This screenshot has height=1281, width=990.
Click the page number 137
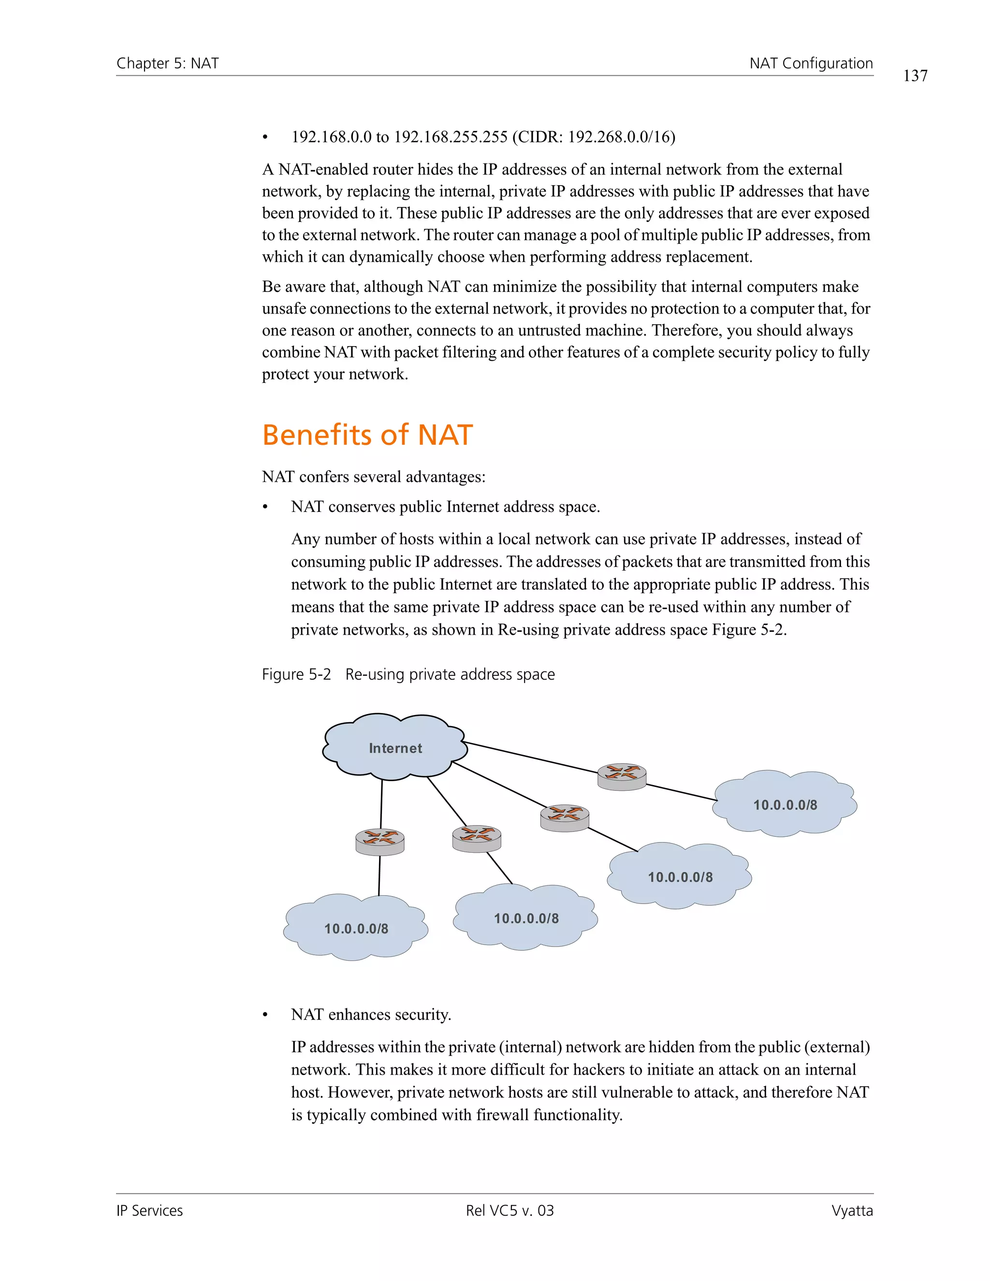[x=915, y=76]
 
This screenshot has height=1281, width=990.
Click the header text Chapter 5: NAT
[x=168, y=63]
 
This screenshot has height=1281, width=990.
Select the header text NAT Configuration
[x=811, y=63]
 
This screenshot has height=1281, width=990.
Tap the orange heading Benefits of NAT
[x=367, y=435]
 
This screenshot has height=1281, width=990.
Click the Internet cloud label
[x=395, y=748]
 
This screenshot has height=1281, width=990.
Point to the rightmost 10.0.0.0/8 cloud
[x=785, y=805]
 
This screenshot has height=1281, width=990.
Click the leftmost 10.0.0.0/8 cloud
[x=356, y=929]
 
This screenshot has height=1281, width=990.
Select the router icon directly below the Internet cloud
[x=380, y=842]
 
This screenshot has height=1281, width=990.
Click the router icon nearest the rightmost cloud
[x=622, y=777]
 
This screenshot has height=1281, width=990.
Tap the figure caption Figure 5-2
[x=296, y=674]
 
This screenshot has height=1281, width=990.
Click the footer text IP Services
[x=149, y=1210]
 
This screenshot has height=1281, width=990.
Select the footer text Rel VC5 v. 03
[x=510, y=1210]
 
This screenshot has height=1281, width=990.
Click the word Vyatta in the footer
[x=852, y=1210]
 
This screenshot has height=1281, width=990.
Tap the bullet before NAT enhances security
[x=265, y=1015]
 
